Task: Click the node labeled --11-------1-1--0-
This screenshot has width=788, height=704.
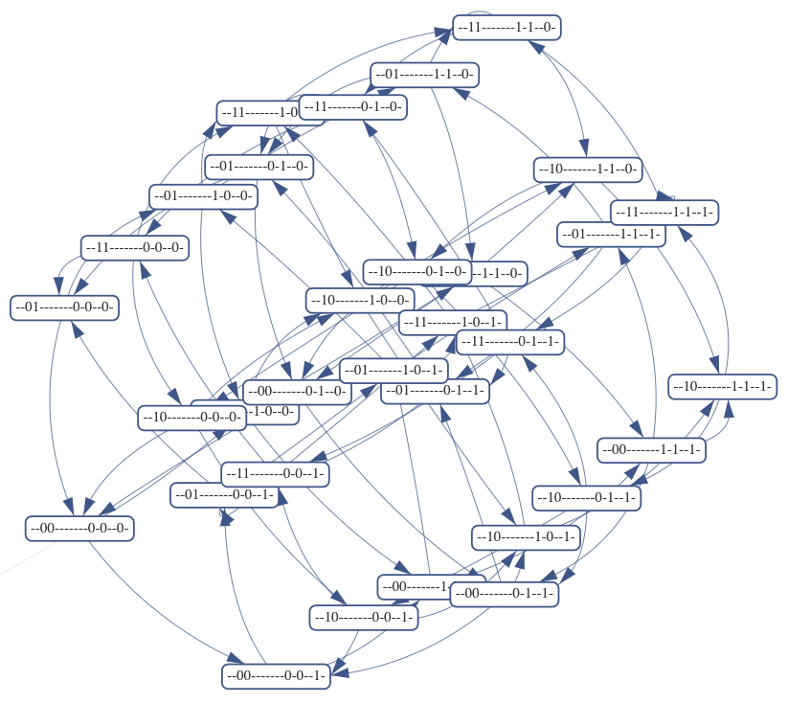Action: click(x=507, y=28)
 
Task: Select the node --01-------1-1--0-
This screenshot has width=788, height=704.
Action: click(x=424, y=75)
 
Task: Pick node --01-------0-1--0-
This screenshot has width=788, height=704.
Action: click(x=259, y=167)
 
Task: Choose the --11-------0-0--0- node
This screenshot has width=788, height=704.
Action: click(x=133, y=247)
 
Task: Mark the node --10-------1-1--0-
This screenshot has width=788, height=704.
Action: click(x=588, y=170)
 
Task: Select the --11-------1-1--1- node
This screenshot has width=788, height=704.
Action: click(x=665, y=212)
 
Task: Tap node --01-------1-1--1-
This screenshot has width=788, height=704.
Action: click(x=612, y=235)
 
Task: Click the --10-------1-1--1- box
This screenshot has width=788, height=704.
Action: click(x=722, y=387)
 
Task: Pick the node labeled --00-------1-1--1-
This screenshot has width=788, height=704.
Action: click(x=651, y=449)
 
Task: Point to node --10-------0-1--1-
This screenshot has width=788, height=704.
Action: click(x=586, y=498)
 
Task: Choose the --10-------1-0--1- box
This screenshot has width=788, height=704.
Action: click(x=526, y=537)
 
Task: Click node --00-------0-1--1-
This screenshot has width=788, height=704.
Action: click(x=504, y=594)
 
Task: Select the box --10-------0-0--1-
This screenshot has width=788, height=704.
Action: click(x=364, y=618)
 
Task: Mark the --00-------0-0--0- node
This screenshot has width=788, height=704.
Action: click(x=79, y=528)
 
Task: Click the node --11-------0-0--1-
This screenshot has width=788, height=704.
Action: click(x=275, y=473)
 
